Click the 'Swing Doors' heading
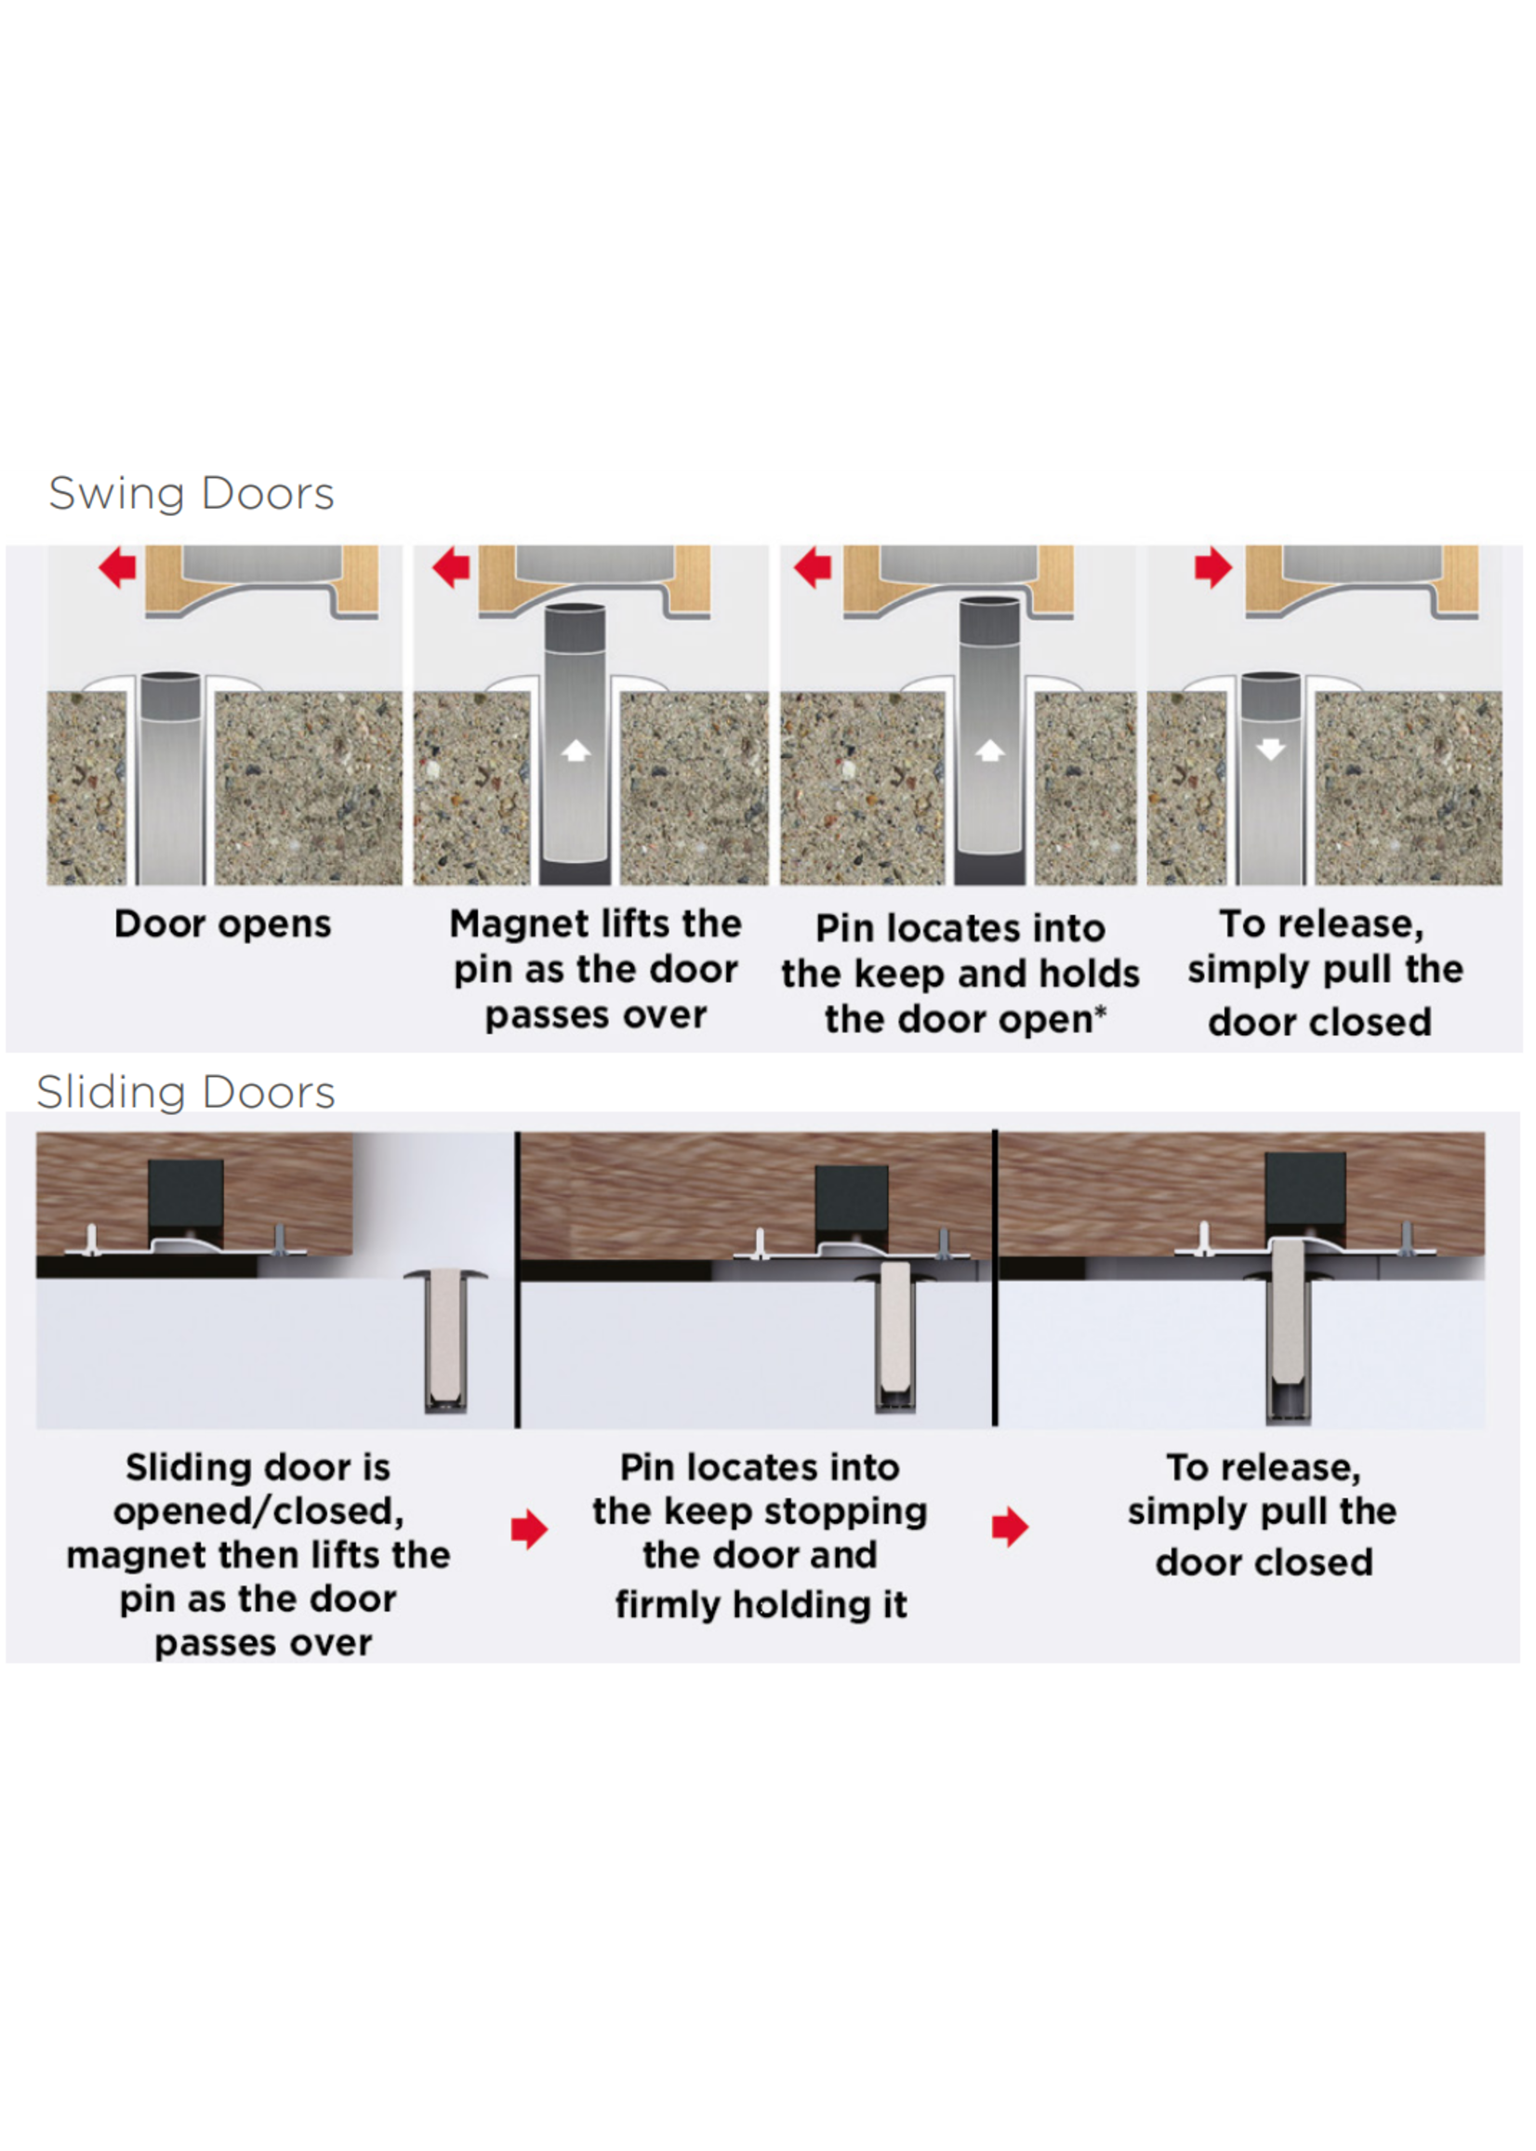pyautogui.click(x=192, y=494)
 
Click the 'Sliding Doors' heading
pyautogui.click(x=185, y=1093)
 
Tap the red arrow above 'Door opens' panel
pyautogui.click(x=117, y=567)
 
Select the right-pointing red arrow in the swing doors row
pyautogui.click(x=1212, y=567)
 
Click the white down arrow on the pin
pyautogui.click(x=1270, y=750)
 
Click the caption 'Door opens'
pyautogui.click(x=223, y=924)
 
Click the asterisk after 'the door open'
pyautogui.click(x=1100, y=1012)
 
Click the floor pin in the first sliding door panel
pyautogui.click(x=445, y=1341)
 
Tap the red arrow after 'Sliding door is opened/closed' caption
pyautogui.click(x=530, y=1530)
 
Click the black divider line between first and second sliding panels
pyautogui.click(x=517, y=1280)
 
